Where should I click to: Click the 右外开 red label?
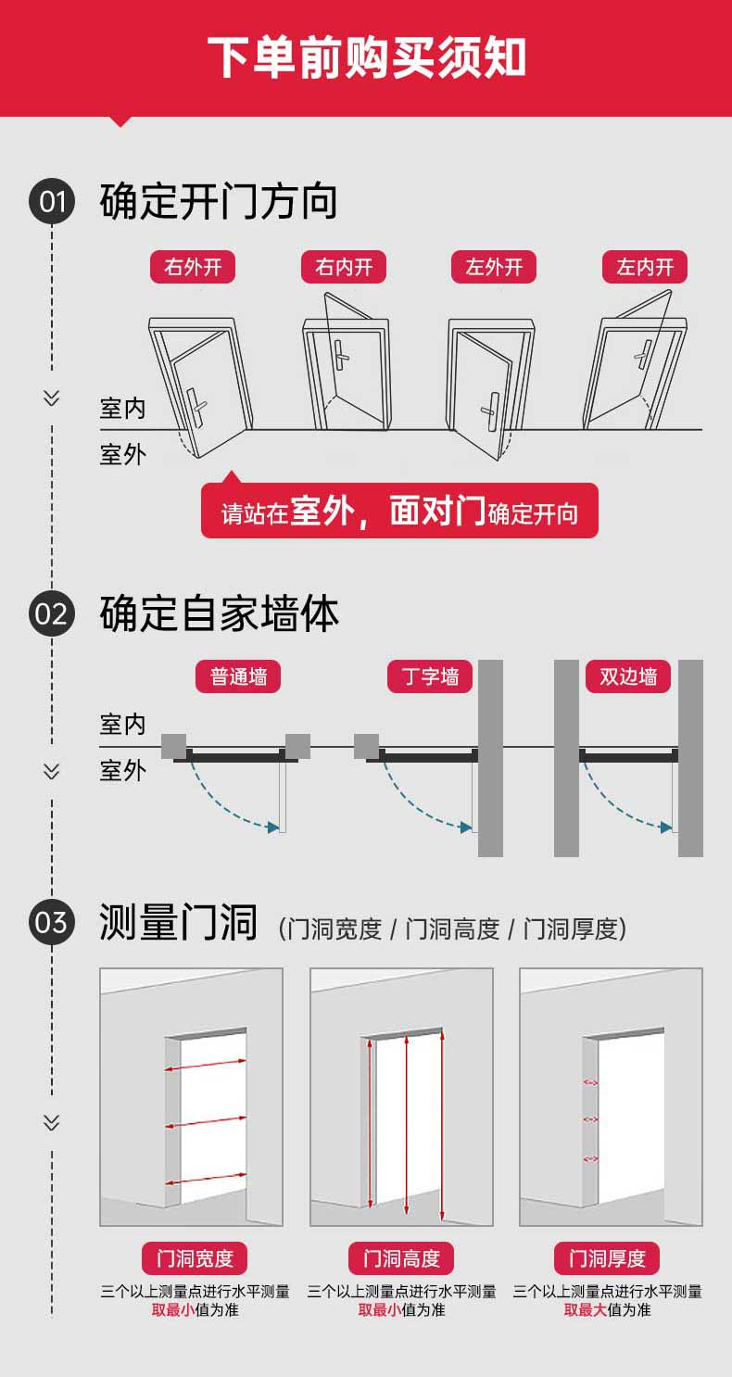click(x=193, y=267)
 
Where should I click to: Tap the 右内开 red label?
click(x=344, y=267)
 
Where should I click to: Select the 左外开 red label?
click(x=494, y=267)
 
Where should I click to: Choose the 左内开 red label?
click(x=645, y=267)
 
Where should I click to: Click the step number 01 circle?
click(x=52, y=201)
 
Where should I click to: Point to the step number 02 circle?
click(x=52, y=613)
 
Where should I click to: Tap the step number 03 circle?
click(x=52, y=922)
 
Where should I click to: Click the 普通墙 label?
click(x=238, y=676)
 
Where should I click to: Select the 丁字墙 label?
click(x=430, y=676)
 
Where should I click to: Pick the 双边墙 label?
click(x=627, y=676)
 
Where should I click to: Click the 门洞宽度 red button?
click(x=195, y=1258)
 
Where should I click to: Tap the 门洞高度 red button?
click(x=400, y=1258)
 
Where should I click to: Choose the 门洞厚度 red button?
click(x=607, y=1258)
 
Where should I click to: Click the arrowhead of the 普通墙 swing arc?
click(x=273, y=827)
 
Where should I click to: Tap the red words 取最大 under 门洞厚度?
click(x=585, y=1310)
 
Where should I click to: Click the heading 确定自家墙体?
click(x=219, y=613)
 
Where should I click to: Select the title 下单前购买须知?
click(x=366, y=57)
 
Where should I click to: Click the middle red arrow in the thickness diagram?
click(x=590, y=1120)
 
